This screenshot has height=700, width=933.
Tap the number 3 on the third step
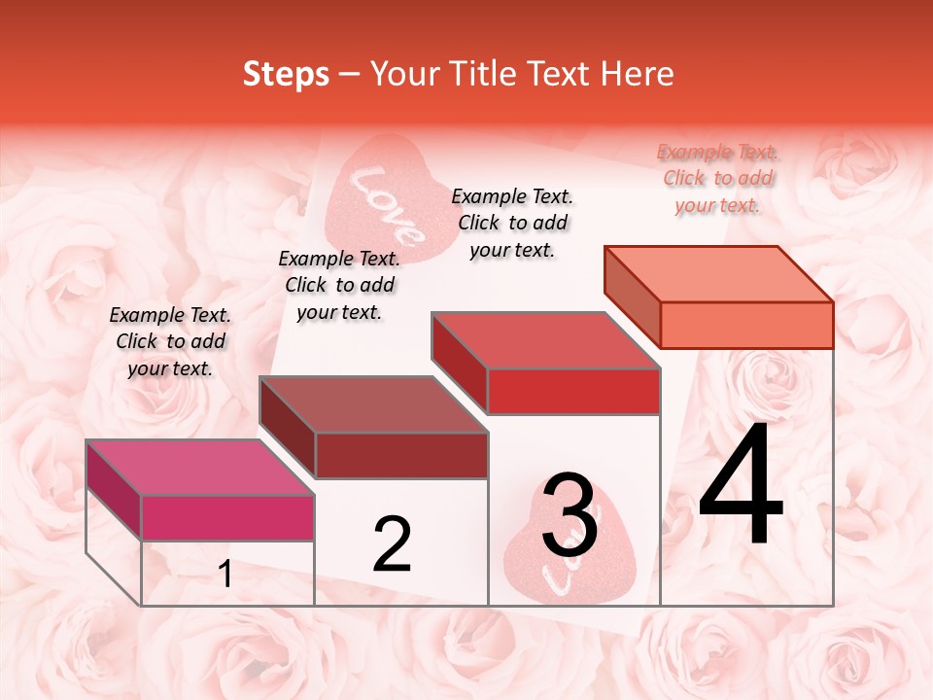coord(570,516)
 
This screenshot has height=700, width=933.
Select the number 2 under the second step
coord(393,544)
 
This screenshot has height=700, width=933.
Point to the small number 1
coord(225,575)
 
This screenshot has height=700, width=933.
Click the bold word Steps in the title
coord(286,74)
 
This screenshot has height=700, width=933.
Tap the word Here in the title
coord(638,74)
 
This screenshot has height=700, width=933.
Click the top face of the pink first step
coord(199,467)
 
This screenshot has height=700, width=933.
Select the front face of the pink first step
coord(227,517)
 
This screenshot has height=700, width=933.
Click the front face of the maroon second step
coord(400,455)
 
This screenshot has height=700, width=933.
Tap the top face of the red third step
coord(545,340)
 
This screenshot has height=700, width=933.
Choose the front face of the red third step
coord(573,391)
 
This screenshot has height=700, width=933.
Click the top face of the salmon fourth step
coord(718,273)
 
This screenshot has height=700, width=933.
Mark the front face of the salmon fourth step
coord(746,325)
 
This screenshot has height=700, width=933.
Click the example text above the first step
coord(170,341)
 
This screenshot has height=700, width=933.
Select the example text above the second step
coord(339,285)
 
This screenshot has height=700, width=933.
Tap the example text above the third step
coord(512,223)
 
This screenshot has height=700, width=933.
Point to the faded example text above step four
coord(717,178)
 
